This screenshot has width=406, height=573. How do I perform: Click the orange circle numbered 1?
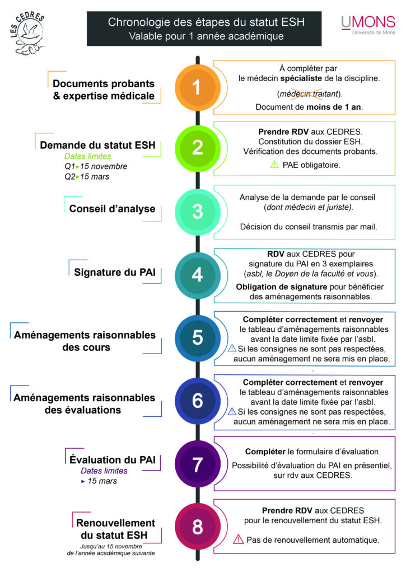198,88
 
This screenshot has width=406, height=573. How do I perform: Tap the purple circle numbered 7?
198,464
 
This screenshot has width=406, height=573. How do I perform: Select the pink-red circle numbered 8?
198,527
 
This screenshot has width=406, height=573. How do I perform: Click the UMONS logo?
368,25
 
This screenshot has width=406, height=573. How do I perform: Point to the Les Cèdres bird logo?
28,33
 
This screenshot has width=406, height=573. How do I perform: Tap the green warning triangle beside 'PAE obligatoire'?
274,165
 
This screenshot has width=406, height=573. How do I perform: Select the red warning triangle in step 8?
238,539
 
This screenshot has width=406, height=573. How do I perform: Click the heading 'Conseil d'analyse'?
113,209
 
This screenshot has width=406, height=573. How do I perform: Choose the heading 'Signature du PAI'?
115,273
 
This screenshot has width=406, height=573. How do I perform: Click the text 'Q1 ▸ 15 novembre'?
96,166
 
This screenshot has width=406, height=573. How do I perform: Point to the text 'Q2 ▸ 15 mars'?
87,176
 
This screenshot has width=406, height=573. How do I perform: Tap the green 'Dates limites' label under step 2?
88,156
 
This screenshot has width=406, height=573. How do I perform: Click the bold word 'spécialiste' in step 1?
301,78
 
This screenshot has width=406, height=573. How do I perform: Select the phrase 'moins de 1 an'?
334,107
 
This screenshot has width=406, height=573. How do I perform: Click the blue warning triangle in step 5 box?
232,348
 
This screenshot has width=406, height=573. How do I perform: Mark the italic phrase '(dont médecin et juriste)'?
309,207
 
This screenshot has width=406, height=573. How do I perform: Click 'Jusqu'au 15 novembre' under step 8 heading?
111,546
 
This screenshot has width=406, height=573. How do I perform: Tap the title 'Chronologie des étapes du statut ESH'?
206,22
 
